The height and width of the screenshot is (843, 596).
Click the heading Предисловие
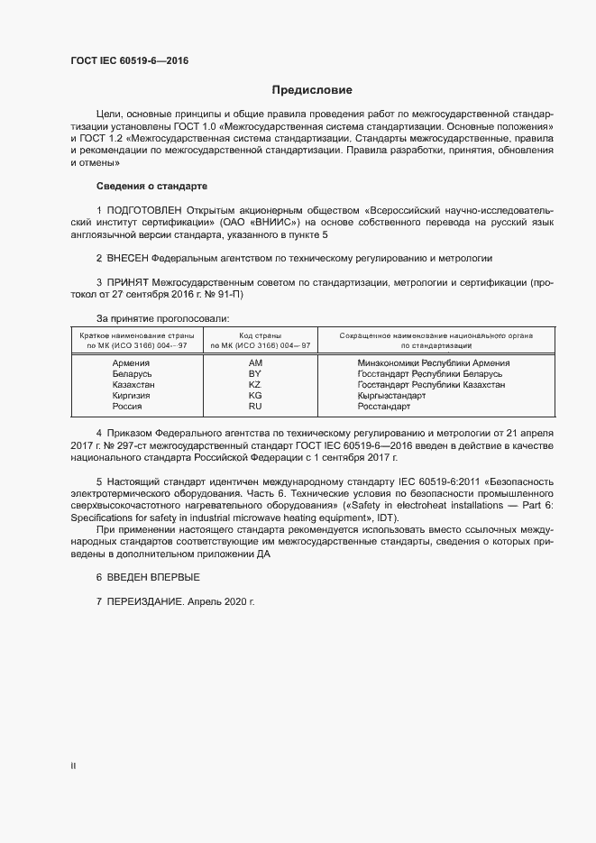point(312,90)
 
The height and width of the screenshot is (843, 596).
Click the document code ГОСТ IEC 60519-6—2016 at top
point(129,61)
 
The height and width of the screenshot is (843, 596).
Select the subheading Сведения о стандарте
point(151,186)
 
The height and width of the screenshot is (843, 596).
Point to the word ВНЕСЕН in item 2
point(128,257)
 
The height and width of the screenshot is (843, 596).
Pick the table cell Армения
point(132,362)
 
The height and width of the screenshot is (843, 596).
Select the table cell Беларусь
point(132,373)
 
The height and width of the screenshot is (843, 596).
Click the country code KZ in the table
point(254,384)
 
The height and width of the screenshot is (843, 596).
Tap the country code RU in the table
point(254,407)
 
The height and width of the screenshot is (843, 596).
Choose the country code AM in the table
point(254,362)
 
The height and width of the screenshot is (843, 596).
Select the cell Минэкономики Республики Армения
point(434,362)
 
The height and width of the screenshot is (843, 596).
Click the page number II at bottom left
point(73,766)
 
